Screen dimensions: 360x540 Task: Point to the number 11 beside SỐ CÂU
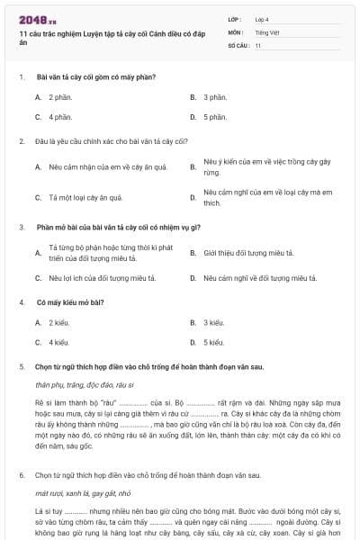(x=258, y=44)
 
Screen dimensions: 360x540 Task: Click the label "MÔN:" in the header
(x=236, y=31)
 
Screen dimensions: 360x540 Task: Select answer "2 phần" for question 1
(x=60, y=96)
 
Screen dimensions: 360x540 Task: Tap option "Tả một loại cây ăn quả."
(x=85, y=197)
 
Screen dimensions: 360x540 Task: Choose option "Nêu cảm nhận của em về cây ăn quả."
(x=107, y=166)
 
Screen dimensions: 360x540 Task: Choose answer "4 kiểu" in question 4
(x=59, y=342)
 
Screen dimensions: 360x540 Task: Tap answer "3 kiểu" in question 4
(x=214, y=321)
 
